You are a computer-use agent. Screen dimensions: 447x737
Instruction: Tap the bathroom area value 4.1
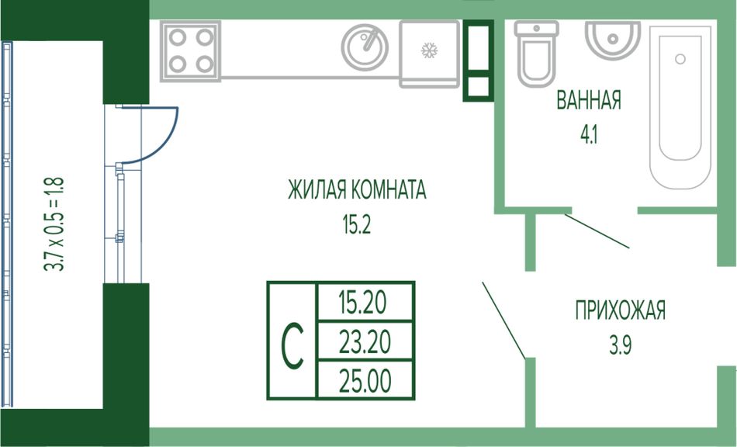point(589,133)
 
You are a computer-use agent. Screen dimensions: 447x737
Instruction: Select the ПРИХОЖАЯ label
point(620,312)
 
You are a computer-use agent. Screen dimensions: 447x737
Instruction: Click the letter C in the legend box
point(292,341)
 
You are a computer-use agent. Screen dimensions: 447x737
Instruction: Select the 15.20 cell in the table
point(364,300)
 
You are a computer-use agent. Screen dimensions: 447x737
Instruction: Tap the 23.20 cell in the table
point(364,341)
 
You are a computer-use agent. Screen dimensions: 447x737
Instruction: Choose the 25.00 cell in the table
point(364,381)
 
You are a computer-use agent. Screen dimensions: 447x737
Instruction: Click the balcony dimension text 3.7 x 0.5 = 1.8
point(54,224)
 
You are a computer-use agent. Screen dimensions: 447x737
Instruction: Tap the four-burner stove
point(191,50)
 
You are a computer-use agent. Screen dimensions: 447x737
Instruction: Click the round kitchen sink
point(365,47)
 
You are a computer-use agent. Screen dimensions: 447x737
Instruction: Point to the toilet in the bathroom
point(536,53)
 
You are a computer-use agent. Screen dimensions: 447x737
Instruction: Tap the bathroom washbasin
point(613,39)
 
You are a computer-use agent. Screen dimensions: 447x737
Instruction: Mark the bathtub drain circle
point(680,59)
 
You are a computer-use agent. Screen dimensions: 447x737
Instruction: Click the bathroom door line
point(597,230)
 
